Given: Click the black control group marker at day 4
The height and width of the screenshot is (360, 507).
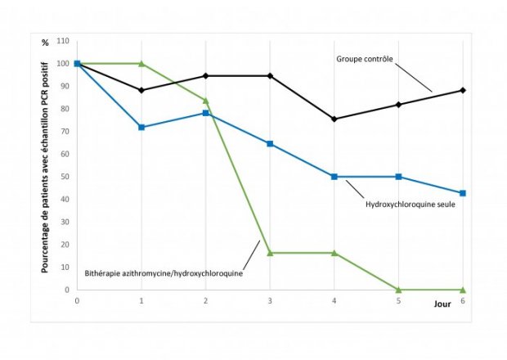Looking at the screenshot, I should [x=334, y=119].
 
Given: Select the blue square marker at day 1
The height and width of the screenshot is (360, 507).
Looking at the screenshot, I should [x=141, y=127].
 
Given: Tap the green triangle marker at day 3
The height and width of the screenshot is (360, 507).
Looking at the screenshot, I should [x=270, y=253].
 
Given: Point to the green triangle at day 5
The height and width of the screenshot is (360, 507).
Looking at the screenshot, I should [x=398, y=289].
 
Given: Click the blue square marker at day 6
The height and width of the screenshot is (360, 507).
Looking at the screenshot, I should [x=463, y=193].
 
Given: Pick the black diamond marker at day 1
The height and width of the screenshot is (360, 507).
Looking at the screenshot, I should [x=141, y=90].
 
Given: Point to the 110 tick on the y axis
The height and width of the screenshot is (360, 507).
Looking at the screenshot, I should [x=62, y=41].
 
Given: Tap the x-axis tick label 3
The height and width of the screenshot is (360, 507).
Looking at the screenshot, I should [x=270, y=301].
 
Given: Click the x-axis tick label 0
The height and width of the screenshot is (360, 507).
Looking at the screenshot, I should [x=77, y=301].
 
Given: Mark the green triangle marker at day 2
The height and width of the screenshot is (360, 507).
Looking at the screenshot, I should [x=205, y=101].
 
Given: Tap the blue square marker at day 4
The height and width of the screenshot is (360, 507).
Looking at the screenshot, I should [x=334, y=177].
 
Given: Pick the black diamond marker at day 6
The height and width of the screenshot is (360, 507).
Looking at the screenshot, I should [x=463, y=90].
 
